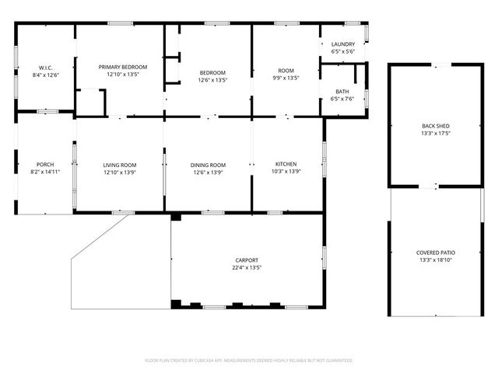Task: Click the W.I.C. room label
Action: [45, 68]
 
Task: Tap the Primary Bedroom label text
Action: [123, 67]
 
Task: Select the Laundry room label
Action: [343, 44]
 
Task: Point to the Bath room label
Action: [342, 92]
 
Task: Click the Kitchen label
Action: [286, 164]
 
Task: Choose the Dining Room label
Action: [208, 164]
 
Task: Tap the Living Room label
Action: [120, 164]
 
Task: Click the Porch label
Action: [45, 164]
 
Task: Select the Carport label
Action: [247, 260]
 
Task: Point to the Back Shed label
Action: [436, 125]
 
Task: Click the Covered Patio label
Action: [436, 253]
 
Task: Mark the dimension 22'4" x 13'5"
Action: [247, 267]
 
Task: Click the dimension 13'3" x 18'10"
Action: [436, 261]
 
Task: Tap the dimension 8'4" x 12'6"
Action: [45, 75]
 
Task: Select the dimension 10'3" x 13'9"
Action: [286, 172]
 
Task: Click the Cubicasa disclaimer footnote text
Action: [249, 361]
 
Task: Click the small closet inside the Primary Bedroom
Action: [91, 102]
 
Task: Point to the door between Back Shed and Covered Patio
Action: [436, 186]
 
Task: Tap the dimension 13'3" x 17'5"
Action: [436, 133]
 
